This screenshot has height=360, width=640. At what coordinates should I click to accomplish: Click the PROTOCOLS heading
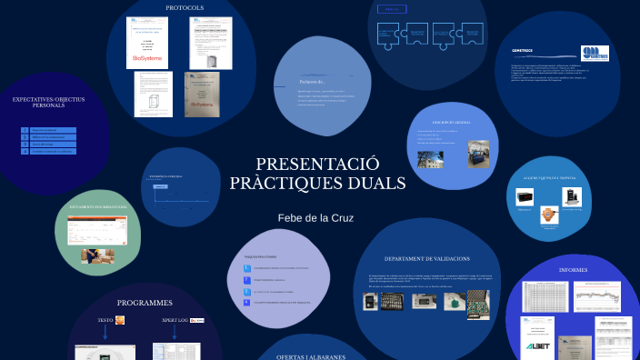(x=185, y=8)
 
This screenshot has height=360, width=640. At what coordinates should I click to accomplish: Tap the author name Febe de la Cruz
(x=315, y=218)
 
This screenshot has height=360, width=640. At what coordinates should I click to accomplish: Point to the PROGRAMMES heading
(x=145, y=302)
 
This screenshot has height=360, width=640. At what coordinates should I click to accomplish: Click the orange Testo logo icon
(x=119, y=320)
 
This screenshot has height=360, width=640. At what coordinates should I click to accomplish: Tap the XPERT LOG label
(x=174, y=320)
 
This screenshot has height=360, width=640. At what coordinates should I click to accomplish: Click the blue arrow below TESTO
(x=105, y=333)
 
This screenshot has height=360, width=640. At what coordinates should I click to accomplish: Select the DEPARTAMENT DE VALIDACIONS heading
(x=426, y=259)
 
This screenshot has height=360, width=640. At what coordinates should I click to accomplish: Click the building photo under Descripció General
(x=428, y=160)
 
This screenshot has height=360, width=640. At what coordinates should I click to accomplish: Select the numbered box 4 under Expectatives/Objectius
(x=25, y=151)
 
